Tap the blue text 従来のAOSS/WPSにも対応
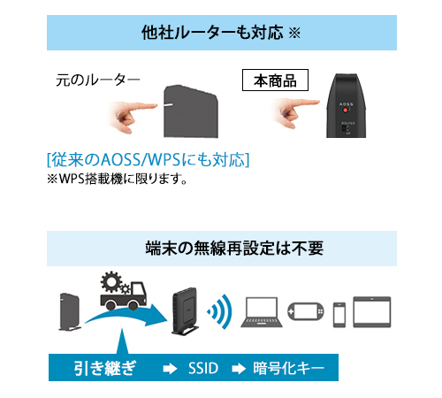click(x=147, y=160)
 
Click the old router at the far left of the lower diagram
click(x=70, y=310)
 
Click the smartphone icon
click(x=339, y=314)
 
